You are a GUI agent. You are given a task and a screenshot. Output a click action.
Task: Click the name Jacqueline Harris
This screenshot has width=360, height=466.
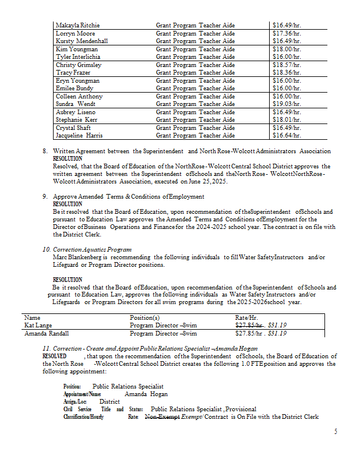coord(79,135)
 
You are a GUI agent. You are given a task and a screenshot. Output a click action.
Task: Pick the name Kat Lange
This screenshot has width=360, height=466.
coord(38,326)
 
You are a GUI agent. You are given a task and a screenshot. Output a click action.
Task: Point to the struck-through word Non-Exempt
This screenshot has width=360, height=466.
coord(162,417)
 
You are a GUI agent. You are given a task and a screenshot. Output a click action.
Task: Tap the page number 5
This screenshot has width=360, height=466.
coord(336,432)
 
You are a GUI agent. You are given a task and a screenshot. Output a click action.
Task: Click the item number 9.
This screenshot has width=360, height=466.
coord(45,196)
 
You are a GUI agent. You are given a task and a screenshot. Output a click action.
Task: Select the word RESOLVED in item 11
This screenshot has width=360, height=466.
coord(55,356)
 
